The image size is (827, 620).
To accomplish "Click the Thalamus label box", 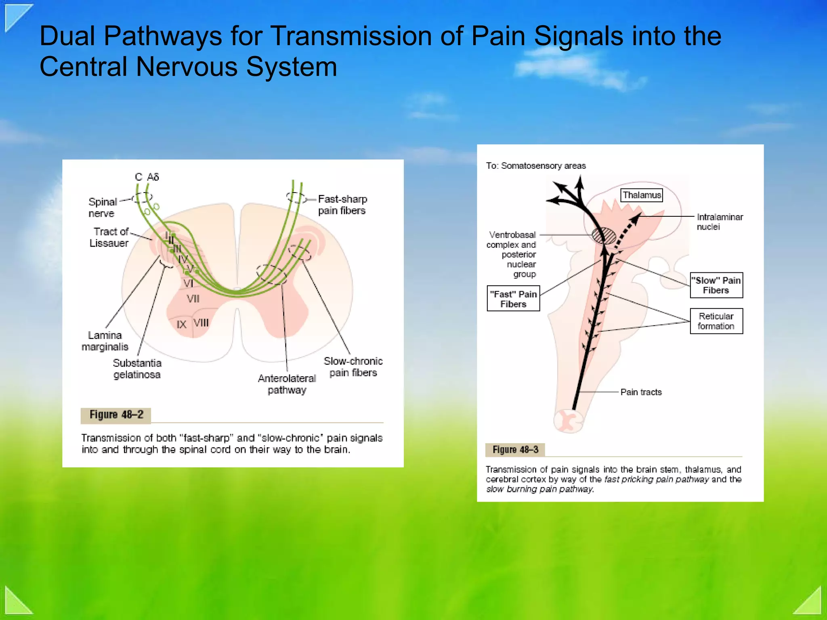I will click(641, 195).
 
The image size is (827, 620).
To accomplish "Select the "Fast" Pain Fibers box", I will click(513, 299).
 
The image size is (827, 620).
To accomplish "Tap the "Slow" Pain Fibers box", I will click(716, 285).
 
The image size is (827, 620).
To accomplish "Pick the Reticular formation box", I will click(716, 321).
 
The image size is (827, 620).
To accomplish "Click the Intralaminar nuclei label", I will click(719, 222).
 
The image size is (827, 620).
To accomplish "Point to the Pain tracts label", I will click(641, 392).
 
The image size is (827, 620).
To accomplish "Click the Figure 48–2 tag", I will click(116, 415).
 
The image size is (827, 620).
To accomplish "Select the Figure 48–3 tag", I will click(515, 450).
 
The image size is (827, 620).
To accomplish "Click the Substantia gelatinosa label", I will click(137, 369).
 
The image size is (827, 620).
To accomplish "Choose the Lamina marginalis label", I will click(105, 341).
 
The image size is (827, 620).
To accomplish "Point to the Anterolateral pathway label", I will click(287, 384).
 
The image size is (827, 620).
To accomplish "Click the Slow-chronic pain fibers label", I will click(353, 367).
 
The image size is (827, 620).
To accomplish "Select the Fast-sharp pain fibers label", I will click(342, 205).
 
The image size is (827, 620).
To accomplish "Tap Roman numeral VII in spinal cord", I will click(193, 299).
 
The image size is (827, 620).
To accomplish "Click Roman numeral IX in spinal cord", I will click(181, 325).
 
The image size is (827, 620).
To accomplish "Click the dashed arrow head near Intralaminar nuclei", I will click(636, 219).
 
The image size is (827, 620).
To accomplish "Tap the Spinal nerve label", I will click(102, 207).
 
